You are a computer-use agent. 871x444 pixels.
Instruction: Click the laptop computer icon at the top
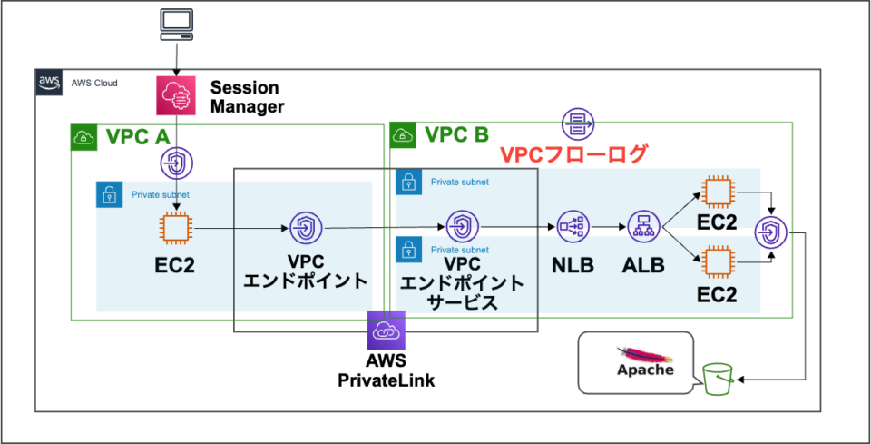[x=174, y=24]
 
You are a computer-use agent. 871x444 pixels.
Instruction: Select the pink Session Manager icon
[x=175, y=95]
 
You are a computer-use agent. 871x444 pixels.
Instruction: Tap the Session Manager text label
[x=247, y=97]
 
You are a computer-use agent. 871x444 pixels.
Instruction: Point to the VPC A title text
[x=138, y=138]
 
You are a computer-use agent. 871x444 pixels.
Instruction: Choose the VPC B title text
[x=456, y=136]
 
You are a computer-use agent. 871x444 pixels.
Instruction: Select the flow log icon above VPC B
[x=577, y=122]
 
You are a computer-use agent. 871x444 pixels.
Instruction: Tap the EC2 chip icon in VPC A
[x=173, y=228]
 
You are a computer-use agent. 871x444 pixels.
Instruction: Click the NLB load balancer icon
[x=573, y=227]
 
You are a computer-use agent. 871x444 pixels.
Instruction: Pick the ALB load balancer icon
[x=642, y=227]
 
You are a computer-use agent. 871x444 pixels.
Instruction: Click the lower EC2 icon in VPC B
[x=717, y=263]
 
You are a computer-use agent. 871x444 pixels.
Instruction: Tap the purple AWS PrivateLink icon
[x=386, y=331]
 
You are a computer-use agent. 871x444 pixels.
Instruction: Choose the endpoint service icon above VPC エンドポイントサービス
[x=462, y=227]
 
